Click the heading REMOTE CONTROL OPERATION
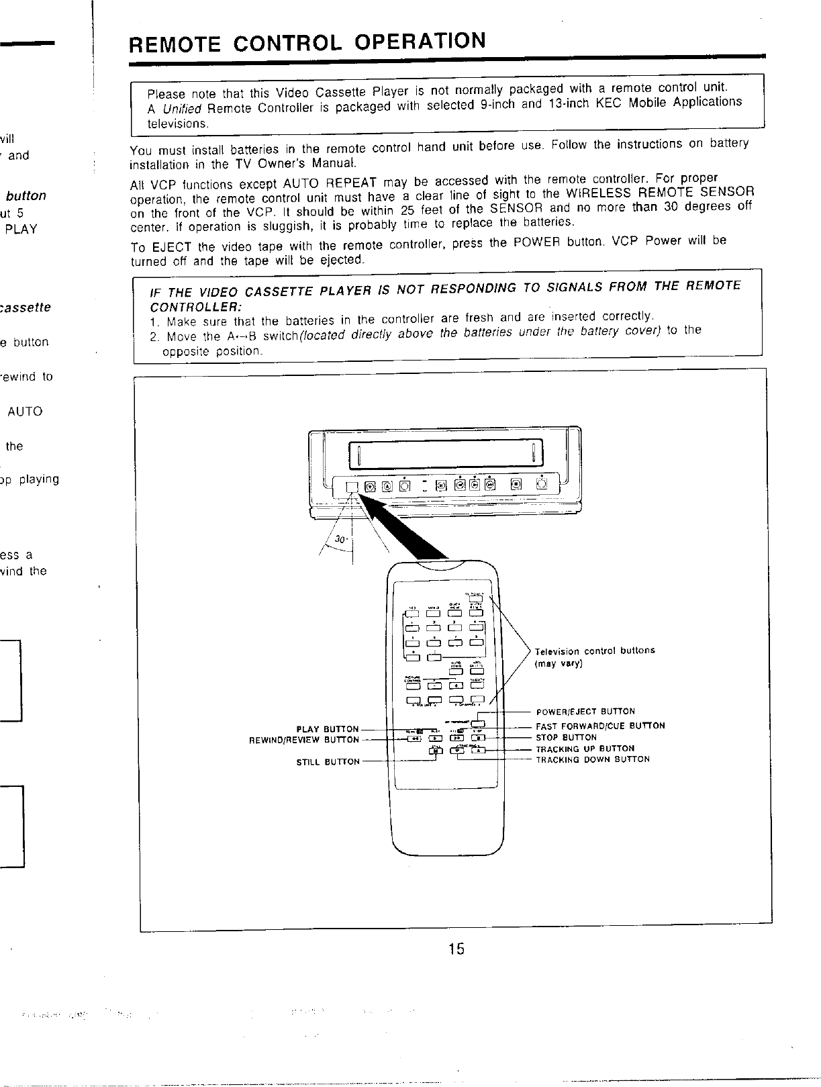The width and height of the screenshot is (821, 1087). pyautogui.click(x=307, y=42)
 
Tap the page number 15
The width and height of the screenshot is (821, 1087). pyautogui.click(x=456, y=949)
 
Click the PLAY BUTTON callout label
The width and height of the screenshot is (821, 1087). pyautogui.click(x=328, y=729)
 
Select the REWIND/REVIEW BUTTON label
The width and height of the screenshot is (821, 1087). pyautogui.click(x=304, y=740)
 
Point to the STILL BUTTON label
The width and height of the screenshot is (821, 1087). pyautogui.click(x=328, y=762)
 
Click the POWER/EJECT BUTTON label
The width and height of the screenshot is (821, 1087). pyautogui.click(x=585, y=711)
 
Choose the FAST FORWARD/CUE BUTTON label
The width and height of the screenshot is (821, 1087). pyautogui.click(x=600, y=726)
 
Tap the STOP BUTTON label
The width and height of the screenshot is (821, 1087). pyautogui.click(x=566, y=737)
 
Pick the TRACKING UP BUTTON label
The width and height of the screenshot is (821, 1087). pyautogui.click(x=584, y=749)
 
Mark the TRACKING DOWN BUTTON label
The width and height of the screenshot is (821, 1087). pyautogui.click(x=592, y=759)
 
